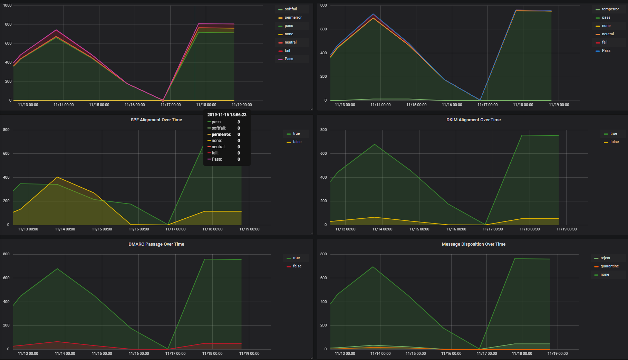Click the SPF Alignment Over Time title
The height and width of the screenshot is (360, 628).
(x=156, y=120)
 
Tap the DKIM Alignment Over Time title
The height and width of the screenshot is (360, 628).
(x=473, y=120)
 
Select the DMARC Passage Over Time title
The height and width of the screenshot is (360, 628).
(x=156, y=244)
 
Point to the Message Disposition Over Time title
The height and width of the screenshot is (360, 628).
(x=473, y=244)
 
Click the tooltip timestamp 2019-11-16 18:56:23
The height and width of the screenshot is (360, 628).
(x=227, y=115)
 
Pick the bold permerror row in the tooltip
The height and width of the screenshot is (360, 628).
(x=221, y=134)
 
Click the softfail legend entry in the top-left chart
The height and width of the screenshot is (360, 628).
(x=290, y=9)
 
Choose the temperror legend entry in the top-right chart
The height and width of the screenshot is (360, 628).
(x=610, y=9)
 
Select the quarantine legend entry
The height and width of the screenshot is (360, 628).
(x=609, y=266)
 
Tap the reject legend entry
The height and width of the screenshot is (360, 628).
(x=605, y=258)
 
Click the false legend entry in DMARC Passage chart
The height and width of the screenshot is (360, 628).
(x=297, y=266)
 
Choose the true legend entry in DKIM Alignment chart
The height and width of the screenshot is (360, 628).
(x=613, y=134)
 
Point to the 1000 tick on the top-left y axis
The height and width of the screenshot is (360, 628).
(x=7, y=6)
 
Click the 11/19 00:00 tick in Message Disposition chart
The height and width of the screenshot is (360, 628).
(x=557, y=353)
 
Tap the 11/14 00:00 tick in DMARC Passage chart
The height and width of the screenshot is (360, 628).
(x=65, y=353)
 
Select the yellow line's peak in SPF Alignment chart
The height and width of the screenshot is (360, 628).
(x=57, y=177)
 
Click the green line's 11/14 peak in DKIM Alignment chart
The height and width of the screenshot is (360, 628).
(x=375, y=144)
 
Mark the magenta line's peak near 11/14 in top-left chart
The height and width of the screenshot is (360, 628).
(x=56, y=30)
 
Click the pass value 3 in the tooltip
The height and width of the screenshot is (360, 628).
(x=239, y=122)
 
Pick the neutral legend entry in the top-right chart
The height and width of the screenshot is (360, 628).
(x=608, y=34)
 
